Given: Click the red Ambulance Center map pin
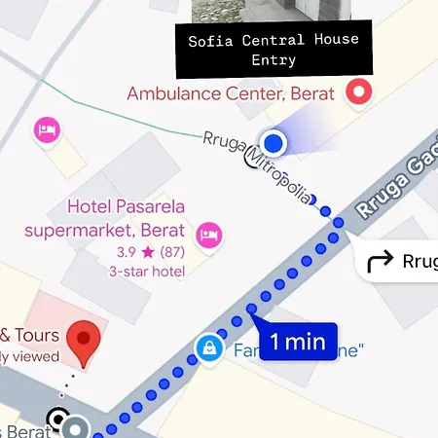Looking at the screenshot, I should tap(360, 93).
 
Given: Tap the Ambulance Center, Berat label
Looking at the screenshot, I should tap(231, 94).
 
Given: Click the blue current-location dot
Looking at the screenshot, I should tap(274, 144).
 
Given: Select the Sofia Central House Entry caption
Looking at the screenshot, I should tap(274, 50).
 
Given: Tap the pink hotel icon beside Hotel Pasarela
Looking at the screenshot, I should tap(209, 234).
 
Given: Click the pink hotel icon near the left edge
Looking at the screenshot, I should tap(45, 129).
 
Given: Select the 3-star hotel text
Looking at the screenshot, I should tap(146, 272).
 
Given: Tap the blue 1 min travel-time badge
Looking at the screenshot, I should tap(298, 342).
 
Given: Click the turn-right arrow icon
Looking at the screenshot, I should tap(380, 261).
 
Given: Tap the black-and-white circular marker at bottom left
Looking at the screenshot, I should tap(60, 420).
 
